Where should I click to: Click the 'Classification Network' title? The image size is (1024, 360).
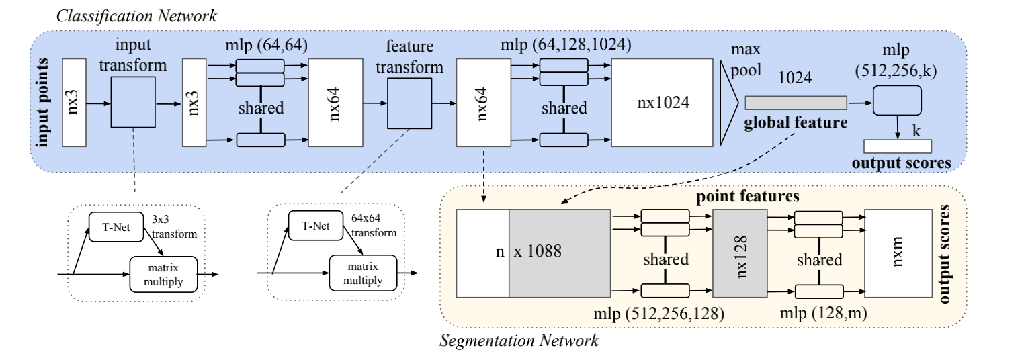[136, 15]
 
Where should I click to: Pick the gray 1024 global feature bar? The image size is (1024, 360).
[796, 102]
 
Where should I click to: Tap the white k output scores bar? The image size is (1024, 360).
[897, 146]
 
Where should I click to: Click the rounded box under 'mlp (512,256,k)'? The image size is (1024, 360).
[896, 101]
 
